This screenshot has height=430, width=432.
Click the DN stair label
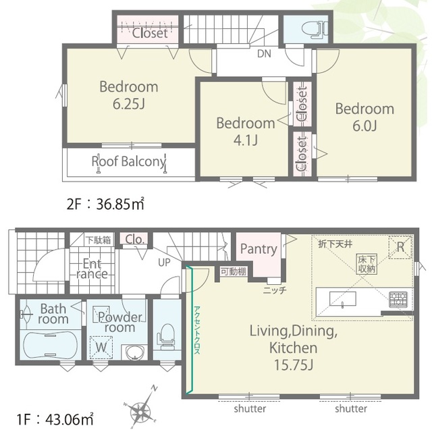point(264,53)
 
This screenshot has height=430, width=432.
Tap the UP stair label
point(164,263)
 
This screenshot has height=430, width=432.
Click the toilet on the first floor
point(166,336)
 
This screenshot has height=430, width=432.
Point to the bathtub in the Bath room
point(50,345)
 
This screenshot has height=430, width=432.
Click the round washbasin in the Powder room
point(134,352)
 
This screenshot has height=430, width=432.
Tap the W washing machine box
point(101,347)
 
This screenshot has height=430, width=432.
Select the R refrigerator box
point(400,248)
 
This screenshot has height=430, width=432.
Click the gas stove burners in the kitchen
point(398,300)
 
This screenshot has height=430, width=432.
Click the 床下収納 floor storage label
point(367,264)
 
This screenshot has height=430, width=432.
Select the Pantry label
point(259,249)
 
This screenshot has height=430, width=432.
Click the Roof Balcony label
point(129,162)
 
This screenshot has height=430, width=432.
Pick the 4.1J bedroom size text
point(246,140)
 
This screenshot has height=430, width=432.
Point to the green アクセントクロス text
point(197,330)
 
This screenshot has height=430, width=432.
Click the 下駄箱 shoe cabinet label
point(99,240)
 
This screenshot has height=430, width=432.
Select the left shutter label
point(250,408)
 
